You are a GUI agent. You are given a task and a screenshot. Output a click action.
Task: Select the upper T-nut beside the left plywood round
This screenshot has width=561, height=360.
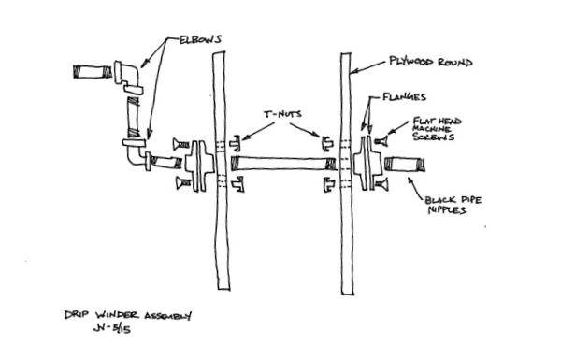point(235,144)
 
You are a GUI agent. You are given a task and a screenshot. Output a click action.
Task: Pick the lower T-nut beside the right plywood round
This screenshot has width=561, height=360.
point(327,186)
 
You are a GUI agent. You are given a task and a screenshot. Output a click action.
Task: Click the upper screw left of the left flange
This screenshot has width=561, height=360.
point(179,143)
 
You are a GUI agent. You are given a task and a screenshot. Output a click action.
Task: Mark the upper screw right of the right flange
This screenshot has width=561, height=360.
point(381,141)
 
